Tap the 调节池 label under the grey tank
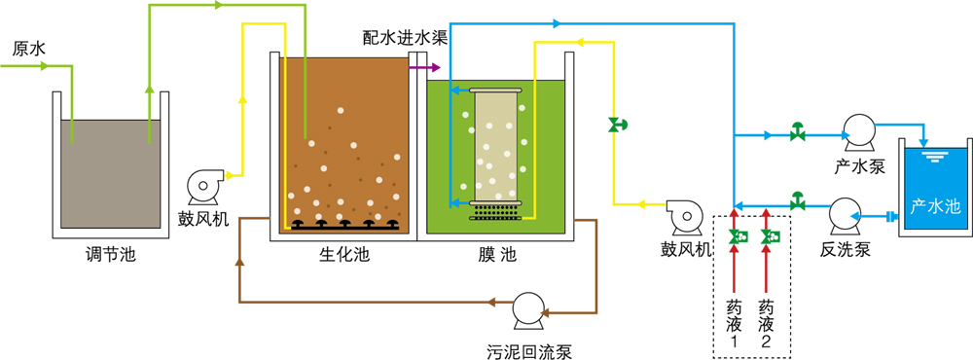111,254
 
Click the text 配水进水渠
406,37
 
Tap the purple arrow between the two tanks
428,67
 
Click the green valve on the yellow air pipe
617,125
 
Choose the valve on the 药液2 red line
770,235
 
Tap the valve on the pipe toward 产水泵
798,133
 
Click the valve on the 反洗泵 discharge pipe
798,202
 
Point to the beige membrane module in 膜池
495,148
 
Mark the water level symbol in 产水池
931,155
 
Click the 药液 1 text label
734,323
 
